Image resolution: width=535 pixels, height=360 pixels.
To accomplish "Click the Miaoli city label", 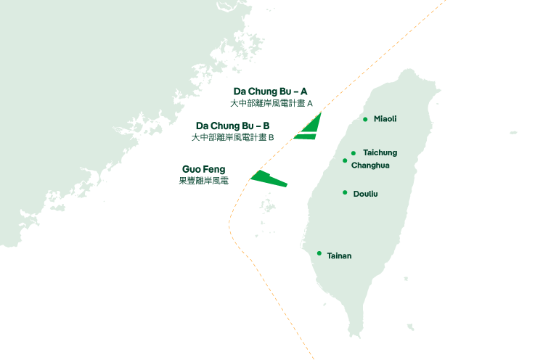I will (385, 118).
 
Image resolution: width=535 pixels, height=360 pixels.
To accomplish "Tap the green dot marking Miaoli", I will (365, 119).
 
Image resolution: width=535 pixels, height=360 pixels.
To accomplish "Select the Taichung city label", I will (380, 152).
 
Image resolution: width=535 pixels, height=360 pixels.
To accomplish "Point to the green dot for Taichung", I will (354, 153).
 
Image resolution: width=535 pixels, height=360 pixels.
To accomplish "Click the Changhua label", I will (370, 165).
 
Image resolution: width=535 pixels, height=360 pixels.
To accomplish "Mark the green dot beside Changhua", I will (345, 160).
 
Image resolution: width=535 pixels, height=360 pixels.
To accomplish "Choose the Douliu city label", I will (365, 194).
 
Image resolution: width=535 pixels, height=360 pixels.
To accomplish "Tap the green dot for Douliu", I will (345, 192).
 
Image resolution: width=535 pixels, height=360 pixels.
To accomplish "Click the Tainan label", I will (339, 255).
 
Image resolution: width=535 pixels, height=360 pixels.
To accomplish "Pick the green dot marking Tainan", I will (319, 253).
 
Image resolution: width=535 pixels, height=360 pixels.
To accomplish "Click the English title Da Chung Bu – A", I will (270, 91).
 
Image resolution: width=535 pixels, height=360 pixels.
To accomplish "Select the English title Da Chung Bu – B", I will (233, 126).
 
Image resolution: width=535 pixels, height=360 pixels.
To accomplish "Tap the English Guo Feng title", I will (203, 169).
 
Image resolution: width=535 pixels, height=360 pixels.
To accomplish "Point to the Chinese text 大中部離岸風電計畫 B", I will (233, 137).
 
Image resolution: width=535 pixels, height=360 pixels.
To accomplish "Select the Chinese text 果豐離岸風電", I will (203, 181).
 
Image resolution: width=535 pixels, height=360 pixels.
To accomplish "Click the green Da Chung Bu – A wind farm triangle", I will (313, 125).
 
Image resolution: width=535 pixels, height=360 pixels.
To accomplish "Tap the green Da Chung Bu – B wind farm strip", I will (306, 136).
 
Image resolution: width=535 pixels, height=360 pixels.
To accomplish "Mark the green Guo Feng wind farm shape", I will (266, 177).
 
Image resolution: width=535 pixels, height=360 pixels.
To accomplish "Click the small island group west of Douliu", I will (269, 205).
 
